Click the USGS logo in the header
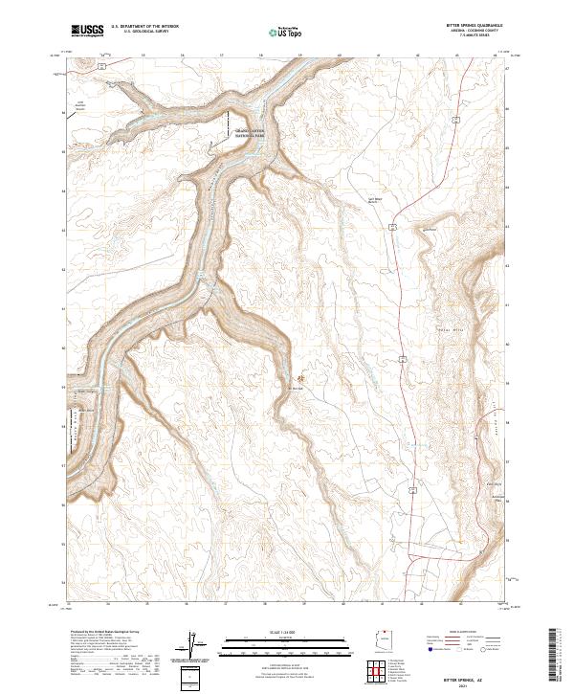(x=87, y=30)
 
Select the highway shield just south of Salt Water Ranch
(x=392, y=226)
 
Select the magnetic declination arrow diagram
(x=194, y=643)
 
